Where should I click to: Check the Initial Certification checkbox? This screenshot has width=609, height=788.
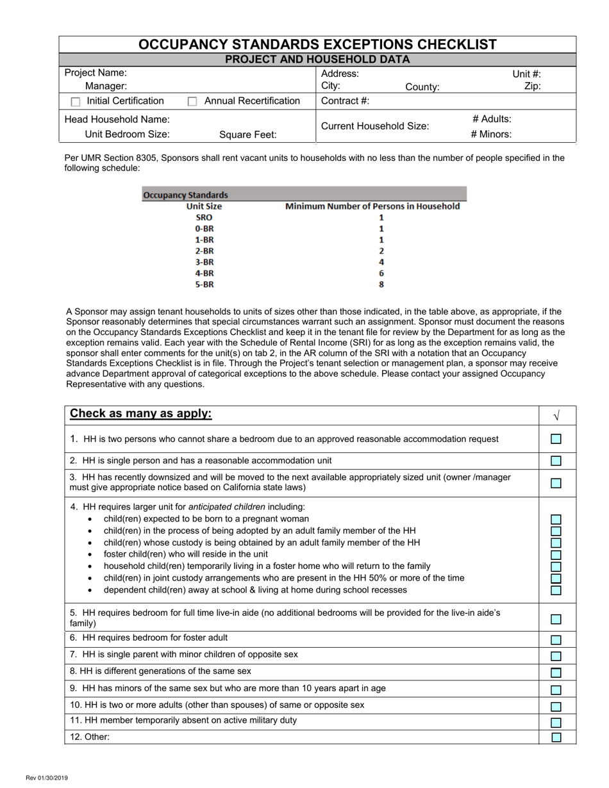coord(76,102)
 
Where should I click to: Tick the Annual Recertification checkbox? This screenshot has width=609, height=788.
coord(192,102)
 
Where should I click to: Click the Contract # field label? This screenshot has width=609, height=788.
coord(345,101)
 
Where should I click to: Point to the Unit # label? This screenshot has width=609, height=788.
coord(526,74)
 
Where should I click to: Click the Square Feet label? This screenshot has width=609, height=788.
coord(247,135)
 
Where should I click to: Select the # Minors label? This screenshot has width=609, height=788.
coord(490,135)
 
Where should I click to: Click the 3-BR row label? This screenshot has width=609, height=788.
coord(204,262)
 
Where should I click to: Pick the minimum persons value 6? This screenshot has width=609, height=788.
coord(381,273)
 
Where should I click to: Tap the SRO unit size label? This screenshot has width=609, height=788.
coord(204,217)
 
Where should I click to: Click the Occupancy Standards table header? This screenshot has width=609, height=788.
coord(185,195)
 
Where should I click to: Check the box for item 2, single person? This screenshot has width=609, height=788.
coord(556,461)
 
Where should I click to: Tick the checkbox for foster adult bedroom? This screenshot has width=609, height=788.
coord(556,639)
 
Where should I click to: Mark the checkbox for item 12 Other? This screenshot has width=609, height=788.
coord(556,737)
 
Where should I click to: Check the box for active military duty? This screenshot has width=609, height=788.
coord(556,722)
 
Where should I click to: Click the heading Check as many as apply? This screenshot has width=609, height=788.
coord(140,414)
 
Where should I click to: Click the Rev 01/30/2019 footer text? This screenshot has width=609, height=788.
coord(47,778)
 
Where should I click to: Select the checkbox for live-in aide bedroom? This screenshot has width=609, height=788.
coord(556,619)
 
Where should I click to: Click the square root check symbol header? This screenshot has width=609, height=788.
coord(556,416)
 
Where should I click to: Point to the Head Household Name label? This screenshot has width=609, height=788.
coord(117,119)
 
